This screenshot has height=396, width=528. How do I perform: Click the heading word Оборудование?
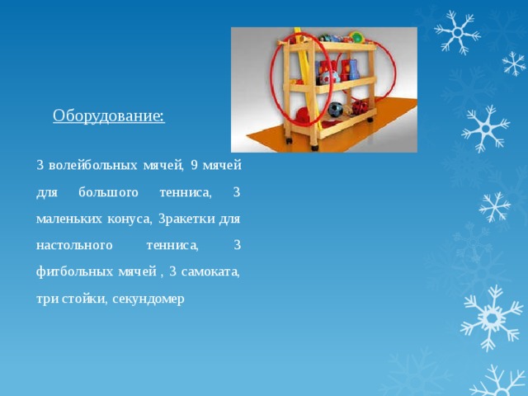pyautogui.click(x=109, y=115)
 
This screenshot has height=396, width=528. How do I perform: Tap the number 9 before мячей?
pyautogui.click(x=194, y=165)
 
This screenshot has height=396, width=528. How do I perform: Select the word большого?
pyautogui.click(x=108, y=192)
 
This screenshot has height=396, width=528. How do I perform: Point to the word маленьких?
pyautogui.click(x=68, y=219)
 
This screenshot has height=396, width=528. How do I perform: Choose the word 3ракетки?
pyautogui.click(x=186, y=219)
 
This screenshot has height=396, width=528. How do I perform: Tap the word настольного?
pyautogui.click(x=74, y=245)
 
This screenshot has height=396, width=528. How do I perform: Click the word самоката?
pyautogui.click(x=210, y=271)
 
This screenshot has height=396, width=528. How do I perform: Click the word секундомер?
pyautogui.click(x=148, y=299)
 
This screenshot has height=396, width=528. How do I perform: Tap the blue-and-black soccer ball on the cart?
pyautogui.click(x=335, y=110)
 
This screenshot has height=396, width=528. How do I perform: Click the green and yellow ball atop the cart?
pyautogui.click(x=357, y=37)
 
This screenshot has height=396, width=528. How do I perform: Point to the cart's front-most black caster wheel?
pyautogui.click(x=314, y=147)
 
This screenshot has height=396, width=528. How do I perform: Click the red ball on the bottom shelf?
pyautogui.click(x=358, y=107)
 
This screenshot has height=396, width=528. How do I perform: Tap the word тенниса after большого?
pyautogui.click(x=186, y=192)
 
